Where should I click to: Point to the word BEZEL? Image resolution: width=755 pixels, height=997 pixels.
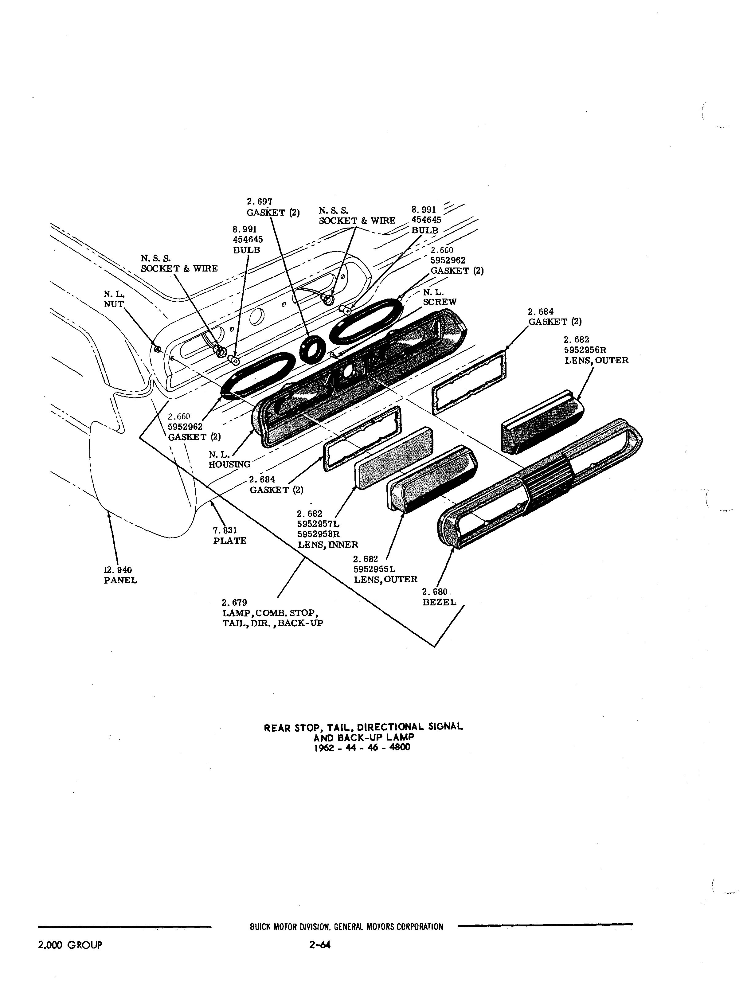tap(440, 602)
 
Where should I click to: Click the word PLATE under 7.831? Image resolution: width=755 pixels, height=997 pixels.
tap(230, 541)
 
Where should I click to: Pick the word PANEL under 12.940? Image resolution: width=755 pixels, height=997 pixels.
tap(120, 581)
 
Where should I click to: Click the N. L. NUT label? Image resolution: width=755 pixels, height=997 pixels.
tap(114, 299)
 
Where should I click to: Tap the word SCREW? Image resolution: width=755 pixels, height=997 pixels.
tap(440, 302)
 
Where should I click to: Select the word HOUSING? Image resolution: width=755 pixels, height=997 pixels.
tap(229, 464)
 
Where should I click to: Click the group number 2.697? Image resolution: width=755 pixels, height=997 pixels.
tap(259, 201)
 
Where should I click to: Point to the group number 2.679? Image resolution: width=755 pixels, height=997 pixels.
tap(234, 603)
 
